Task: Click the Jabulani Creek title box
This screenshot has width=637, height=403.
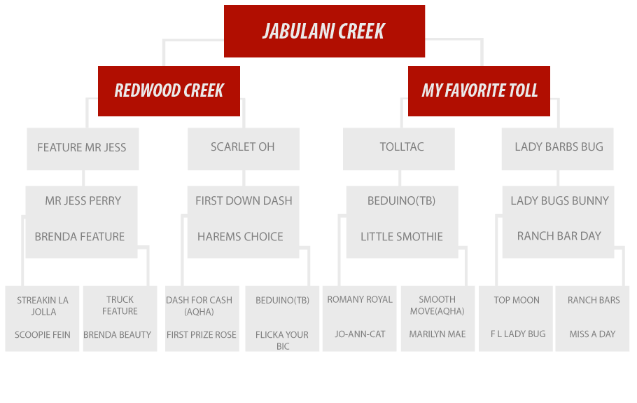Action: pyautogui.click(x=324, y=31)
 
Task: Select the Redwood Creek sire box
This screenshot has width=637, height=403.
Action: pyautogui.click(x=169, y=91)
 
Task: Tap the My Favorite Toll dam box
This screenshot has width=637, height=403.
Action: pyautogui.click(x=479, y=91)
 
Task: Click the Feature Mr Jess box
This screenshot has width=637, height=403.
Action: pyautogui.click(x=83, y=149)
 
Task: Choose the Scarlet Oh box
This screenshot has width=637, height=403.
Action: pyautogui.click(x=244, y=149)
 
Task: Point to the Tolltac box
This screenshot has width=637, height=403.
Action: pyautogui.click(x=398, y=149)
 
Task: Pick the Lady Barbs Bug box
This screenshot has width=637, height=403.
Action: pyautogui.click(x=557, y=149)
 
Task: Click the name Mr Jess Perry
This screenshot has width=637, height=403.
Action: pyautogui.click(x=83, y=200)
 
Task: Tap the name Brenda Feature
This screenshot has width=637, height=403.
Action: pyautogui.click(x=80, y=236)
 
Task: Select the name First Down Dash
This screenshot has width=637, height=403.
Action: pyautogui.click(x=244, y=200)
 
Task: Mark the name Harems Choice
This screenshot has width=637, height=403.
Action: pyautogui.click(x=240, y=236)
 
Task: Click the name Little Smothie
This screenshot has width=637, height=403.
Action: pyautogui.click(x=402, y=236)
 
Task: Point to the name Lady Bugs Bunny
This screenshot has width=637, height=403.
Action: pyautogui.click(x=560, y=200)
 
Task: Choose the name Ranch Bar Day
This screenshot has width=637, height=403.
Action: pyautogui.click(x=559, y=236)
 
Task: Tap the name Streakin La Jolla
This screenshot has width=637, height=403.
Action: pyautogui.click(x=43, y=306)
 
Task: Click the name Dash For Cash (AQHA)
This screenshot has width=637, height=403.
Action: pyautogui.click(x=199, y=306)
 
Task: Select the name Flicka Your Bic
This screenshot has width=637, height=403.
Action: pyautogui.click(x=282, y=341)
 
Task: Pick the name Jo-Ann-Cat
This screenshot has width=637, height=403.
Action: pyautogui.click(x=360, y=334)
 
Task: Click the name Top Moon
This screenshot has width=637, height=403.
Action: pyautogui.click(x=517, y=300)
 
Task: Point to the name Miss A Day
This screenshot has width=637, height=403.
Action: pyautogui.click(x=592, y=334)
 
